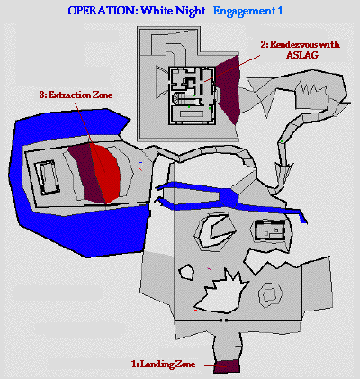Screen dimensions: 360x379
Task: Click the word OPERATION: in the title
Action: coord(103,11)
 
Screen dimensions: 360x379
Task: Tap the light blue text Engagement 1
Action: coord(248,12)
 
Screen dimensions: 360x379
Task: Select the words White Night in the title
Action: coord(173,12)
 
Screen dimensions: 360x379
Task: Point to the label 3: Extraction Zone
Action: coord(76,95)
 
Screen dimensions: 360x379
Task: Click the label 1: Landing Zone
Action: coord(164,365)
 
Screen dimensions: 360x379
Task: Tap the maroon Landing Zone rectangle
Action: coord(227,366)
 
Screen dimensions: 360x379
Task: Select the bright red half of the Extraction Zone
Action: coord(106,173)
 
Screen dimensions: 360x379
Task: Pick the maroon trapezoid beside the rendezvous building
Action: coord(229,90)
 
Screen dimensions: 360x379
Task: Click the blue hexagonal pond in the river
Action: coord(229,197)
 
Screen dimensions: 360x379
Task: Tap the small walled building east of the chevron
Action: coord(270,231)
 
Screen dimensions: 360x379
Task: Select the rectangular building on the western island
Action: coord(47,177)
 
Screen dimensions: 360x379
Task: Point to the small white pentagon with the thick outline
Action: coord(186,272)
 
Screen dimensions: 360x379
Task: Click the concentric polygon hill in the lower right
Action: coord(270,294)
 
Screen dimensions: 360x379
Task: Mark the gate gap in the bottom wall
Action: coord(224,320)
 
